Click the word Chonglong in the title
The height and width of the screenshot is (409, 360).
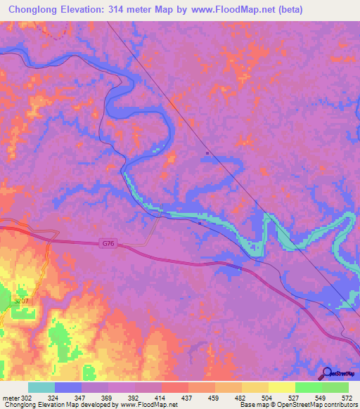[x=36, y=10]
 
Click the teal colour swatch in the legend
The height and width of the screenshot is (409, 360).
[x=41, y=388]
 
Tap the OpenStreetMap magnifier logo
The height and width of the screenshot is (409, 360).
[x=326, y=373]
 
